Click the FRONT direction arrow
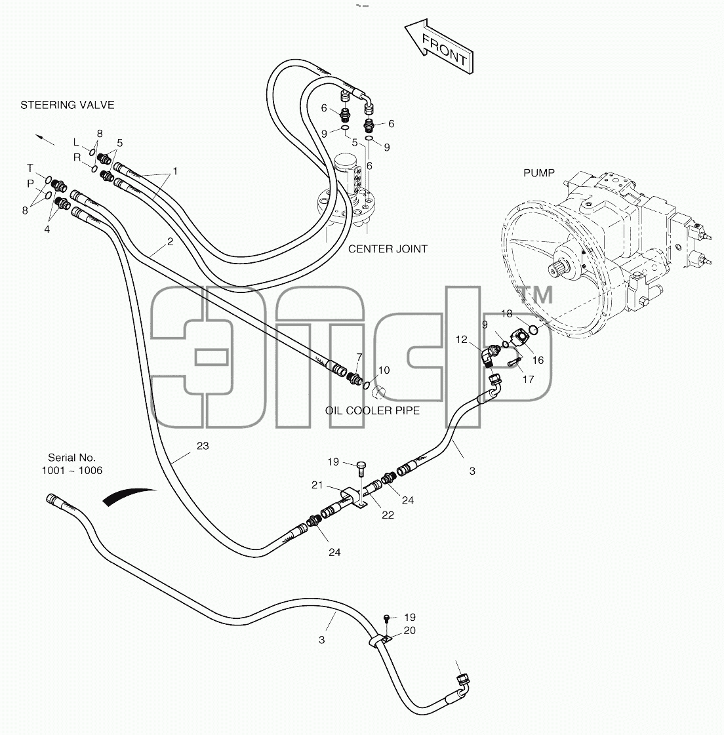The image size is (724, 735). pos(439,47)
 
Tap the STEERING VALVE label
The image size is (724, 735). pos(67,105)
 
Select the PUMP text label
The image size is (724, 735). pos(539,173)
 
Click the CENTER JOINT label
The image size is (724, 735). pos(388,249)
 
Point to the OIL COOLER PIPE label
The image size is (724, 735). pos(372,410)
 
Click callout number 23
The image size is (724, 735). pos(203,446)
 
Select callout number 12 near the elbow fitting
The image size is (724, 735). pos(462,340)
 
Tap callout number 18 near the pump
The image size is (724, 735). pos(507,313)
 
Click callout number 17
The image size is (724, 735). pos(529,379)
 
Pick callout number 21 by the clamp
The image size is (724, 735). pos(317,485)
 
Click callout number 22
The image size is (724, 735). pos(388,515)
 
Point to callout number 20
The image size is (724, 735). pos(409,631)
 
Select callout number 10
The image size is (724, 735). pos(384,370)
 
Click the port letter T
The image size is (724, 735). pos(30,168)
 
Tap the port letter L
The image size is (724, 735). pos(77,142)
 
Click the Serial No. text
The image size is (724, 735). pos(71,458)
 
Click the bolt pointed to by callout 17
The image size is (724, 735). pos(515,362)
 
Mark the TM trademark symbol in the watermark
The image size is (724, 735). pos(536,295)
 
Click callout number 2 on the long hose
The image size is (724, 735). pos(171,242)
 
